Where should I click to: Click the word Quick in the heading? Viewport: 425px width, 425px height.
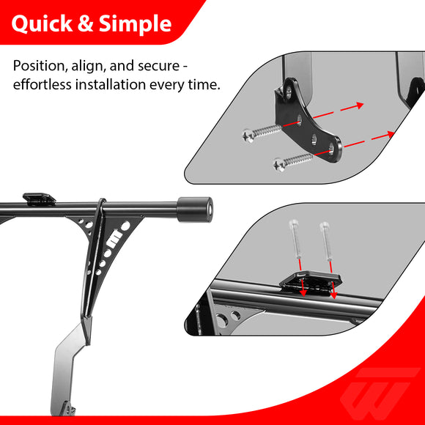(x=42, y=23)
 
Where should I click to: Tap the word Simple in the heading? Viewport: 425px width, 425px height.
(x=135, y=23)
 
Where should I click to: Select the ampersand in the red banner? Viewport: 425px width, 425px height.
(x=86, y=23)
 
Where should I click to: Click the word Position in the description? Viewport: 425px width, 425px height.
(x=40, y=66)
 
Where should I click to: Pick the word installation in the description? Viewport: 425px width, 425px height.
(x=111, y=84)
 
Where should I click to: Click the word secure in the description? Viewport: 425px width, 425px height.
(x=158, y=66)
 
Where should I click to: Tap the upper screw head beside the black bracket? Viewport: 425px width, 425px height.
(x=248, y=136)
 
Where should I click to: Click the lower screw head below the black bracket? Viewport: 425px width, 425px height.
(x=279, y=165)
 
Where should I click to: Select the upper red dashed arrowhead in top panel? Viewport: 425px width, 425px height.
(x=360, y=105)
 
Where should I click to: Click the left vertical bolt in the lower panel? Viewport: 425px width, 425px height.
(x=297, y=239)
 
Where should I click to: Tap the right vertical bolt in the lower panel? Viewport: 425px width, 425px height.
(x=326, y=240)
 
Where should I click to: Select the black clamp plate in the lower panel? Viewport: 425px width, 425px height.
(x=310, y=281)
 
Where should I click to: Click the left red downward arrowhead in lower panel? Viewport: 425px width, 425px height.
(x=303, y=292)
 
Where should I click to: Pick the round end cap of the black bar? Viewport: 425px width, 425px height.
(x=195, y=210)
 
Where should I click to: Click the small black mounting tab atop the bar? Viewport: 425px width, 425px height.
(x=39, y=199)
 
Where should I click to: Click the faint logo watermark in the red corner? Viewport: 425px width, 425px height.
(x=380, y=393)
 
